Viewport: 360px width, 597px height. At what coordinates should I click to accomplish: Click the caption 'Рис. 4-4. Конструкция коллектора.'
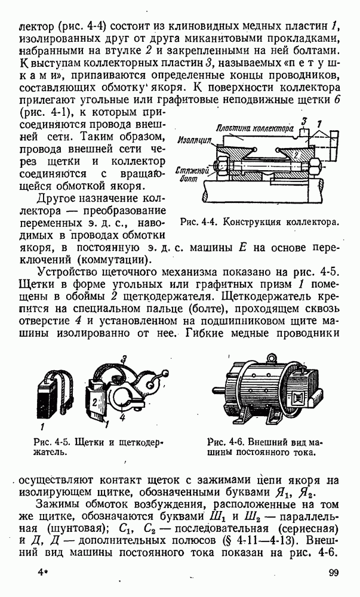tap(259, 222)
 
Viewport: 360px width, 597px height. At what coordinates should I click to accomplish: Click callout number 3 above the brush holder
tap(123, 359)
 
